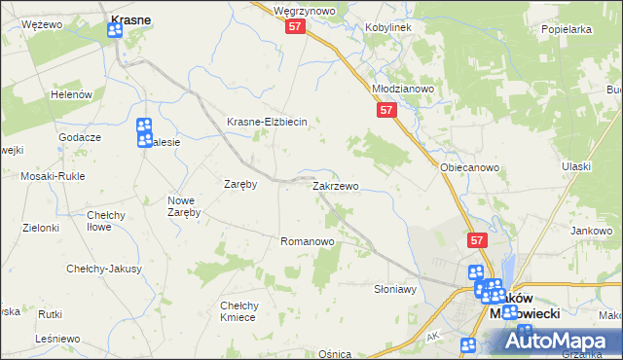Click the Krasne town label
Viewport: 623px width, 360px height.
click(x=129, y=18)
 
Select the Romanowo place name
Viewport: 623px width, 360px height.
click(x=307, y=241)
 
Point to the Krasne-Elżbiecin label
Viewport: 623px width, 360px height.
click(x=267, y=122)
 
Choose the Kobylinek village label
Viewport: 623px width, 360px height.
click(x=388, y=27)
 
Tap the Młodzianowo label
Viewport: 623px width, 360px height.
click(x=403, y=88)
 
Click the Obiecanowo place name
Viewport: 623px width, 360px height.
click(x=469, y=167)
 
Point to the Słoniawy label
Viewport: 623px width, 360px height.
click(x=395, y=289)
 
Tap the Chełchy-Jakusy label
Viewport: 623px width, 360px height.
click(x=104, y=269)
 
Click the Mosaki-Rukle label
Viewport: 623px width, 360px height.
click(x=54, y=177)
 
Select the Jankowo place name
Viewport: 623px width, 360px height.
click(x=591, y=231)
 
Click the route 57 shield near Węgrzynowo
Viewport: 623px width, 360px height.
click(x=297, y=29)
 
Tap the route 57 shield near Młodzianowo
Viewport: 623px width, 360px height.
click(x=386, y=112)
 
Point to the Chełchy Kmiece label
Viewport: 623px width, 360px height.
click(x=238, y=311)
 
